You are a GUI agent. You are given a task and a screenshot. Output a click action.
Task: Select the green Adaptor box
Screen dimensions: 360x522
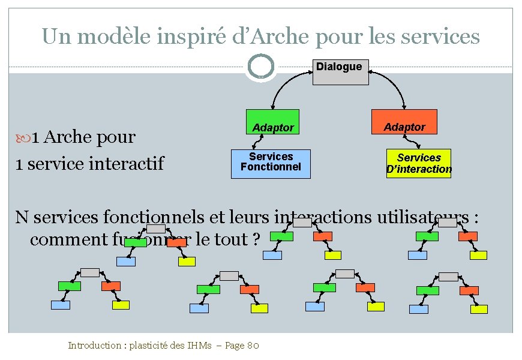[272, 124]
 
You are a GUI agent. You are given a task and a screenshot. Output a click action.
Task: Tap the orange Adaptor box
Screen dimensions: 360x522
[404, 122]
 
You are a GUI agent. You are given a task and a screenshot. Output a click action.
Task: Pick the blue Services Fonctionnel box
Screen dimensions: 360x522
[271, 164]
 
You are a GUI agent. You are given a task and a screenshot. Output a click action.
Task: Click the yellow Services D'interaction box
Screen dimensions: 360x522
[419, 163]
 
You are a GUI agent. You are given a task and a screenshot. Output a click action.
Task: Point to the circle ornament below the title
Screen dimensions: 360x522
[260, 67]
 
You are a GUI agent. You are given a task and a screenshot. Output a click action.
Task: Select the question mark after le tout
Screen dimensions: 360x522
[257, 239]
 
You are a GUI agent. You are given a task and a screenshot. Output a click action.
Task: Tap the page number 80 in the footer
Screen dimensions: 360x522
[253, 346]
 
